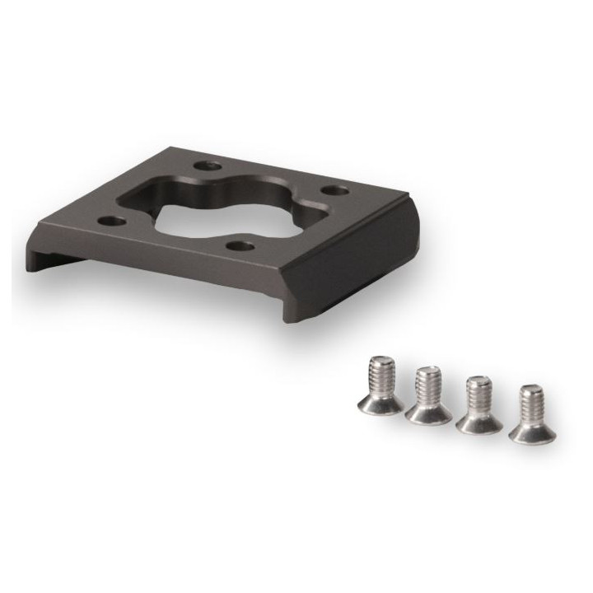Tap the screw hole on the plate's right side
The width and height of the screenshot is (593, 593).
[334, 191]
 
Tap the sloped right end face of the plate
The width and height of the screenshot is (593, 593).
[362, 272]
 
